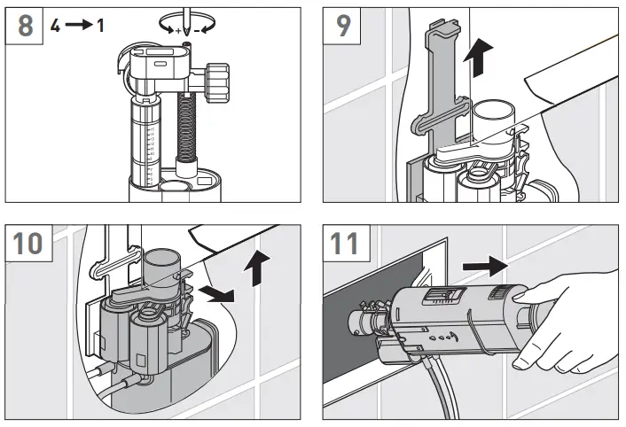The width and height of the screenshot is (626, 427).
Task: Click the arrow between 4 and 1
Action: (77, 25)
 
